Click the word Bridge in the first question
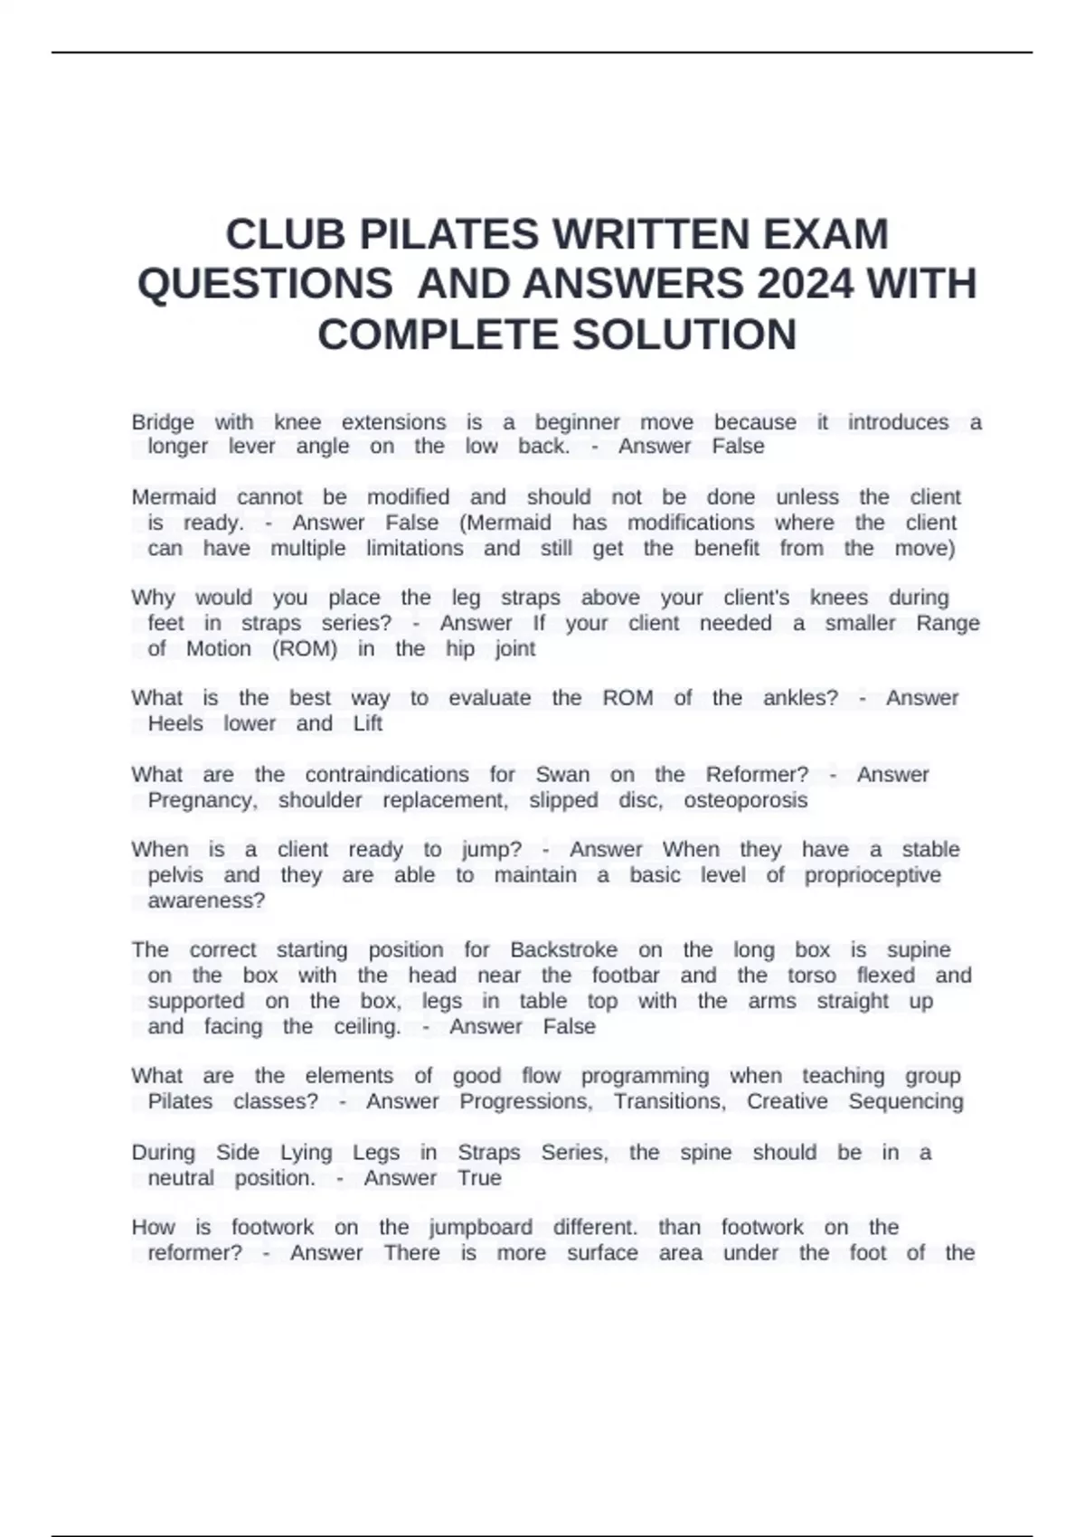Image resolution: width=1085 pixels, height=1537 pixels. (x=163, y=422)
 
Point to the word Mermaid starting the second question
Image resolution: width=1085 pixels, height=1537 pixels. (x=174, y=497)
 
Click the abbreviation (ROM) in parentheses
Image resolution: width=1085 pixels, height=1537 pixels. (x=305, y=648)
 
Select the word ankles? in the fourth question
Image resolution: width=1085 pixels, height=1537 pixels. (x=800, y=698)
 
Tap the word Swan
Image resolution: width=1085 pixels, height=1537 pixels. (x=562, y=775)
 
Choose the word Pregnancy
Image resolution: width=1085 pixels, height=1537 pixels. (x=203, y=800)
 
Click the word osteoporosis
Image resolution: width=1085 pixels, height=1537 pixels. (x=745, y=800)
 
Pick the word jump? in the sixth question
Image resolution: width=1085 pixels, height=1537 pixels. (x=492, y=850)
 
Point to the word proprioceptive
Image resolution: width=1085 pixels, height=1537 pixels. (x=873, y=875)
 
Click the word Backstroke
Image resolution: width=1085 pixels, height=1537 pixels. (x=563, y=950)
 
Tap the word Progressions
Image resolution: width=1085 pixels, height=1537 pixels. (x=526, y=1101)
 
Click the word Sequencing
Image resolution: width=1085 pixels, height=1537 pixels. (x=906, y=1101)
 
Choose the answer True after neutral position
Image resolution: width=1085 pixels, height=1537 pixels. (x=479, y=1178)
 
